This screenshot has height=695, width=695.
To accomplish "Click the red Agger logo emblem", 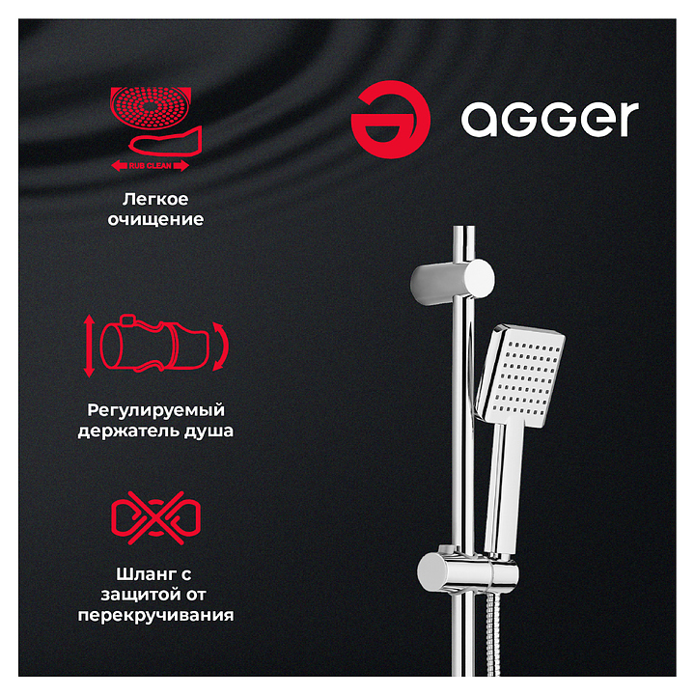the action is click(x=390, y=120).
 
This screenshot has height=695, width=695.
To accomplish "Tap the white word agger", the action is click(x=549, y=119).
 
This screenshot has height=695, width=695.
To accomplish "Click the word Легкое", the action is click(x=155, y=199).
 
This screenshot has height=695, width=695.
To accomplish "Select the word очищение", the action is click(x=155, y=219).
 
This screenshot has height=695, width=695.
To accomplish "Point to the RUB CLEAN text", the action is click(x=151, y=166).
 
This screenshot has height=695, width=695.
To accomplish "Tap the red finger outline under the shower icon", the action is click(x=165, y=141).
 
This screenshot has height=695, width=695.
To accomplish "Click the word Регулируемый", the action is click(x=155, y=410).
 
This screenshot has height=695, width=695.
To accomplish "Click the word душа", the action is click(x=208, y=431).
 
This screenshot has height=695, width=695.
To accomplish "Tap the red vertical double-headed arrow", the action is click(x=89, y=346).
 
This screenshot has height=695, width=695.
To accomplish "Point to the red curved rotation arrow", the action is click(x=221, y=347).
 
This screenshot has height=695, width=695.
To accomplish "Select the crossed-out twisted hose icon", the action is click(x=155, y=517).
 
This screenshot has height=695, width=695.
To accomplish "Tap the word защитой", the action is click(x=141, y=595).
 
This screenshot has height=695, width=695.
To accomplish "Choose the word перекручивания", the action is click(x=155, y=616).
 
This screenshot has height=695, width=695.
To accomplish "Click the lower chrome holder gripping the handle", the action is click(x=467, y=572).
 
